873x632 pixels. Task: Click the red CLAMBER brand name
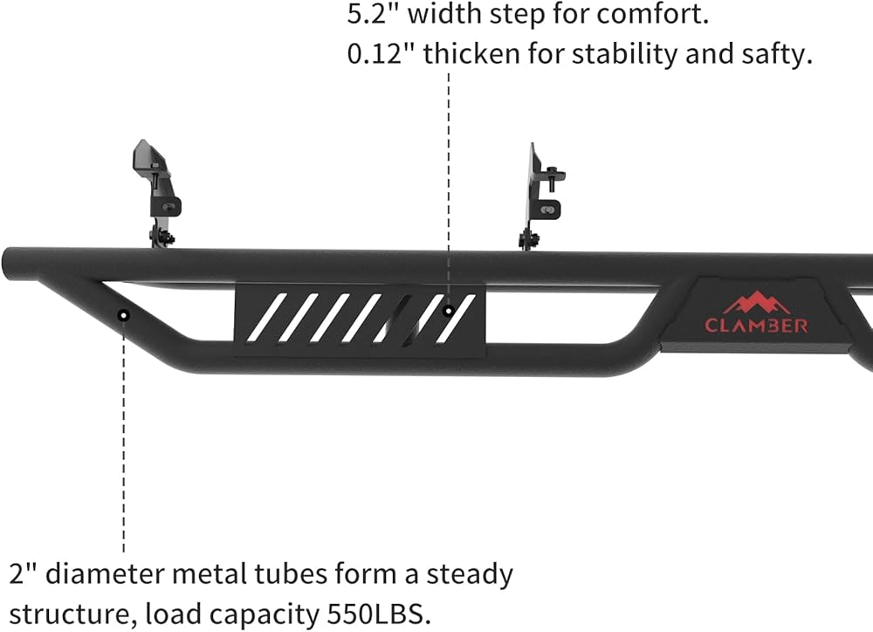(756, 326)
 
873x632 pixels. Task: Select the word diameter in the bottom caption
(106, 574)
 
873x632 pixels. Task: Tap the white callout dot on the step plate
(448, 309)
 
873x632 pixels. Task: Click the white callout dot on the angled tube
(124, 313)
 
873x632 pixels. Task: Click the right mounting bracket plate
(534, 192)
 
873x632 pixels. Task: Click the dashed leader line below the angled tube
(124, 436)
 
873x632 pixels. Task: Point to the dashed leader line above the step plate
(448, 175)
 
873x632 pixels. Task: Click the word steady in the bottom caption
(470, 574)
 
